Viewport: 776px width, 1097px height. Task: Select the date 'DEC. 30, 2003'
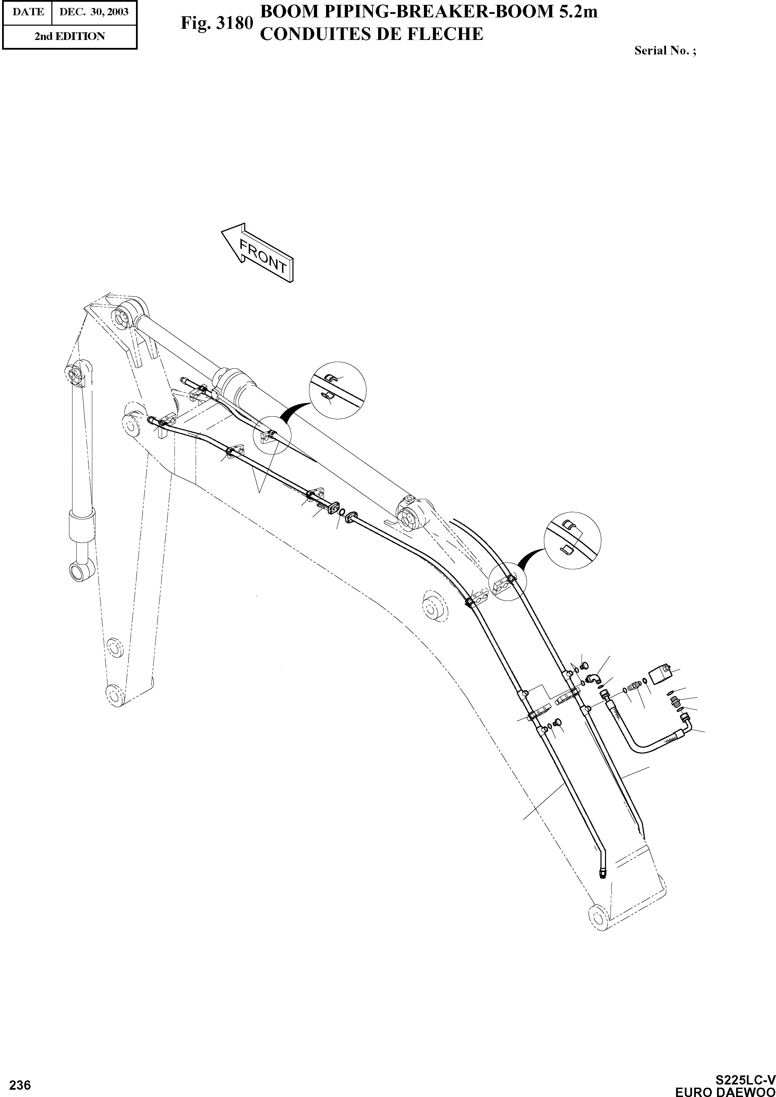pos(94,11)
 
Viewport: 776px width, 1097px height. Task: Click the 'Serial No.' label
pos(665,51)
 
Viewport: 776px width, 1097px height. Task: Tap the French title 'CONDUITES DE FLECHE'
pos(371,34)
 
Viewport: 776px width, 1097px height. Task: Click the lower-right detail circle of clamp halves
pos(572,539)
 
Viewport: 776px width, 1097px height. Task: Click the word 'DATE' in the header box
pos(28,11)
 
